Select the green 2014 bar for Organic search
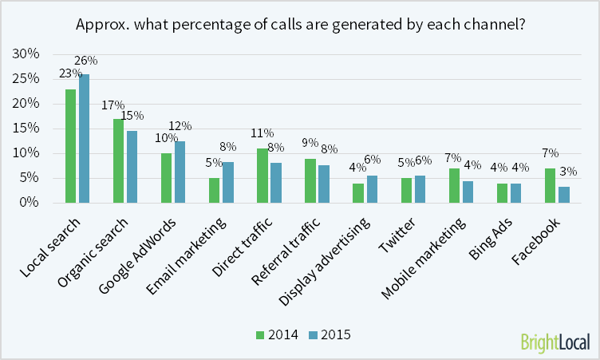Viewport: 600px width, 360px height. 118,160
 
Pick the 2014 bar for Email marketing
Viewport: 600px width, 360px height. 214,190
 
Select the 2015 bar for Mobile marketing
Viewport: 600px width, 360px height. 468,192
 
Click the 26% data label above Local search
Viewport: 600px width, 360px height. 85,61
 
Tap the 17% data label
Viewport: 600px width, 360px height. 113,105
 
